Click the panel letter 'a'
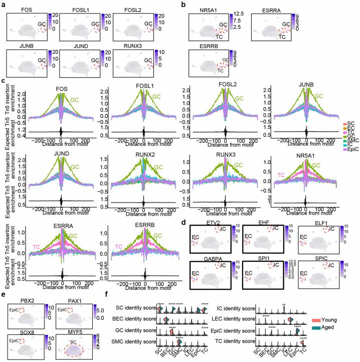coord(4,4)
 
